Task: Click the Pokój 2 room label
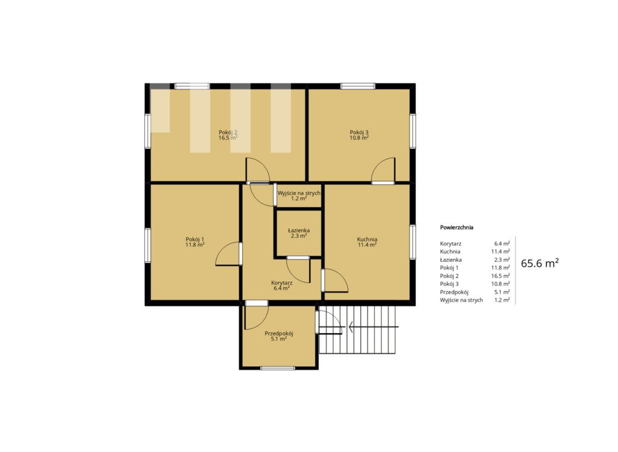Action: point(228,132)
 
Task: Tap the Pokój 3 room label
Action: point(359,132)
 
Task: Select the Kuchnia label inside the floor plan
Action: point(367,239)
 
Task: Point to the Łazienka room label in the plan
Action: point(299,231)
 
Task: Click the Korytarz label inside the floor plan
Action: point(282,283)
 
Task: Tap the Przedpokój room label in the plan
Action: point(279,333)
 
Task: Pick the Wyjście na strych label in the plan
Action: point(299,193)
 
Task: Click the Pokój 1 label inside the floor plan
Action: point(195,239)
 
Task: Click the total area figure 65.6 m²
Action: point(540,263)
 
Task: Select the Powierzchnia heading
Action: point(456,228)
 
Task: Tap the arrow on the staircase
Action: point(373,326)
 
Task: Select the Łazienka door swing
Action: point(298,270)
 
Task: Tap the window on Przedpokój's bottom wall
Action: point(278,368)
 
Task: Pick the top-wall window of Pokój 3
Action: point(357,86)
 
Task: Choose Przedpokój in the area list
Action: point(454,292)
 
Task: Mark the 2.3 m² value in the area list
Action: point(502,259)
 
